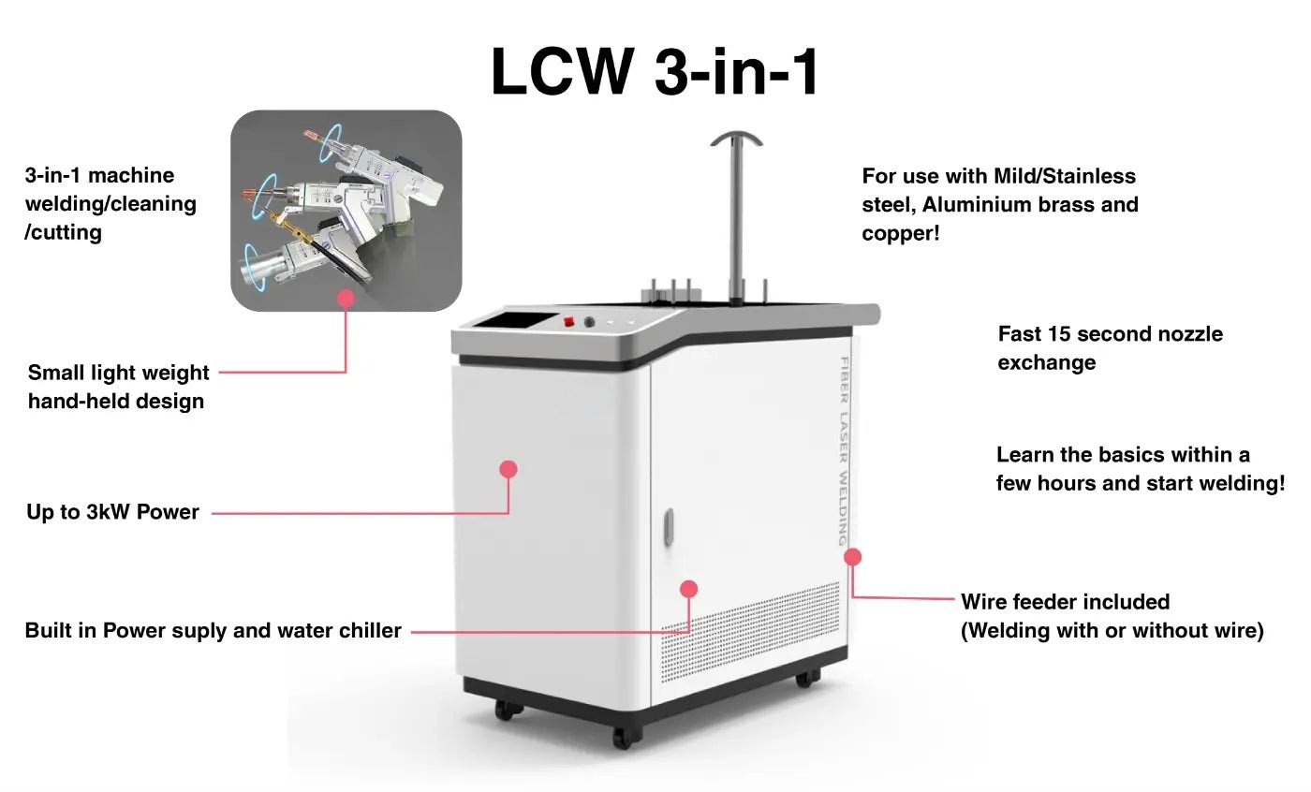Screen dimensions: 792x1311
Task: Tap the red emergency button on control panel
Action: pos(567,321)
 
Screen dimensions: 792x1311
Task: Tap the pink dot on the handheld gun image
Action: pos(346,299)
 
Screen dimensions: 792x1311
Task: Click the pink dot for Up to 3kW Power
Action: pos(508,469)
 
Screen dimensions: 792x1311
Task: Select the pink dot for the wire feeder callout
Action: pos(852,557)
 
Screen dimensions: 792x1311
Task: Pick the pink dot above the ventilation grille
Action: pos(689,589)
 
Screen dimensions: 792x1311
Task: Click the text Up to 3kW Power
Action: pos(112,513)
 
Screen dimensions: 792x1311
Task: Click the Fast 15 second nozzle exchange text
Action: pos(1110,348)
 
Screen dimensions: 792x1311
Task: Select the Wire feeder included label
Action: pos(1065,602)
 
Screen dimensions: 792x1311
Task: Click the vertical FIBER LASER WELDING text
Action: pos(843,449)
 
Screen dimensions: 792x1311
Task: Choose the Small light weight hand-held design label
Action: pos(118,387)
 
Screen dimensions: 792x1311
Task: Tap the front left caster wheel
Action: pos(506,711)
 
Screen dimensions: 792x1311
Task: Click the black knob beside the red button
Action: pos(589,322)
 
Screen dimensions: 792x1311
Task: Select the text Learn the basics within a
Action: pos(1123,455)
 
